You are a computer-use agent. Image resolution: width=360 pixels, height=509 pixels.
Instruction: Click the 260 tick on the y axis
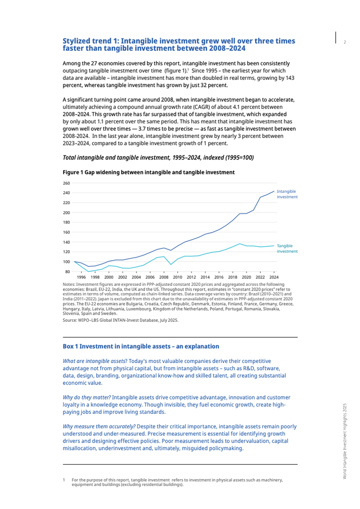(66, 183)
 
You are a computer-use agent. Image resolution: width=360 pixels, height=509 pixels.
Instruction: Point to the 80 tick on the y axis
(67, 271)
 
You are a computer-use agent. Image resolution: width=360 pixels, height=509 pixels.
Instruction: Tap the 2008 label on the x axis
(164, 277)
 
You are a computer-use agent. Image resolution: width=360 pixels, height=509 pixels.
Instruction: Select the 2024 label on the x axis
(274, 277)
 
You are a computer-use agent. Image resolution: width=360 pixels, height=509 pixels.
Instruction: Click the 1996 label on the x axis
(81, 277)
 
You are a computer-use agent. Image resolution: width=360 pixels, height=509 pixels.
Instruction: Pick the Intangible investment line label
(286, 194)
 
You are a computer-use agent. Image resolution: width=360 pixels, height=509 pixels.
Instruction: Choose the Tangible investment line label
(286, 248)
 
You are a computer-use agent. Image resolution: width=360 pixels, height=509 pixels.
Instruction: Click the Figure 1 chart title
(148, 173)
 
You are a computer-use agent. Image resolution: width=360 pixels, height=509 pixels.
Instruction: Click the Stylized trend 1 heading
(179, 44)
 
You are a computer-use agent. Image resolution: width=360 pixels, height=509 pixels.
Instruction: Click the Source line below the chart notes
(120, 320)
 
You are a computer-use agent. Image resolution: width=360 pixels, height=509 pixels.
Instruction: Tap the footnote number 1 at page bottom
(64, 480)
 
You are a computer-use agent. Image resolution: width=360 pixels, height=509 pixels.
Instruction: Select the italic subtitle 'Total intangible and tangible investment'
(158, 157)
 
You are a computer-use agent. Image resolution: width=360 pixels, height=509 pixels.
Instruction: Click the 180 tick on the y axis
(66, 222)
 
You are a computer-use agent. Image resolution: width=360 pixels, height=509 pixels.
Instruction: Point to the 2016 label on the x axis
(219, 277)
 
